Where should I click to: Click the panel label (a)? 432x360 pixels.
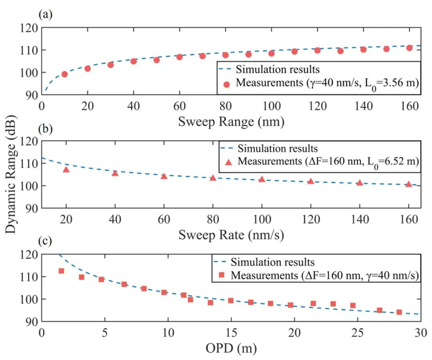[x=45, y=15]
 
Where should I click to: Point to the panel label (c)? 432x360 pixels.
[x=45, y=242]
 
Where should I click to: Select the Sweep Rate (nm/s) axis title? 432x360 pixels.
[x=231, y=235]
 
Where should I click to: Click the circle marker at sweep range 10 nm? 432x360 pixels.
[x=64, y=74]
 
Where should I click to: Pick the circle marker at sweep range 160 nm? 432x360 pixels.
[x=409, y=48]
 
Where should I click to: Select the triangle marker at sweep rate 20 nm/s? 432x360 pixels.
[x=66, y=170]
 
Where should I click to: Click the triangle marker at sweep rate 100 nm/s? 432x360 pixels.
[x=262, y=179]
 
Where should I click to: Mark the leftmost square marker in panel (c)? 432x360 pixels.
[x=61, y=271]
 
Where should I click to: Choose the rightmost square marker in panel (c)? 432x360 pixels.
[x=399, y=312]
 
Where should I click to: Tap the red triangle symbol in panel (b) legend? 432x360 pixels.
[x=229, y=162]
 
